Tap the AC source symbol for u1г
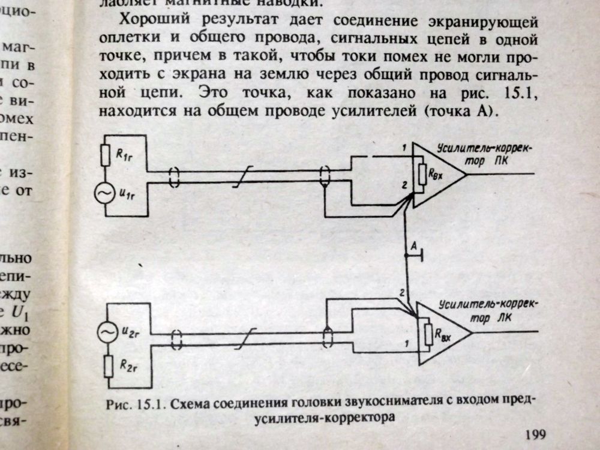104,193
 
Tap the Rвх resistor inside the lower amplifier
428,335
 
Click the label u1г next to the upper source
127,194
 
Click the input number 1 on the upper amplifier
405,148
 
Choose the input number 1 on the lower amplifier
408,344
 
